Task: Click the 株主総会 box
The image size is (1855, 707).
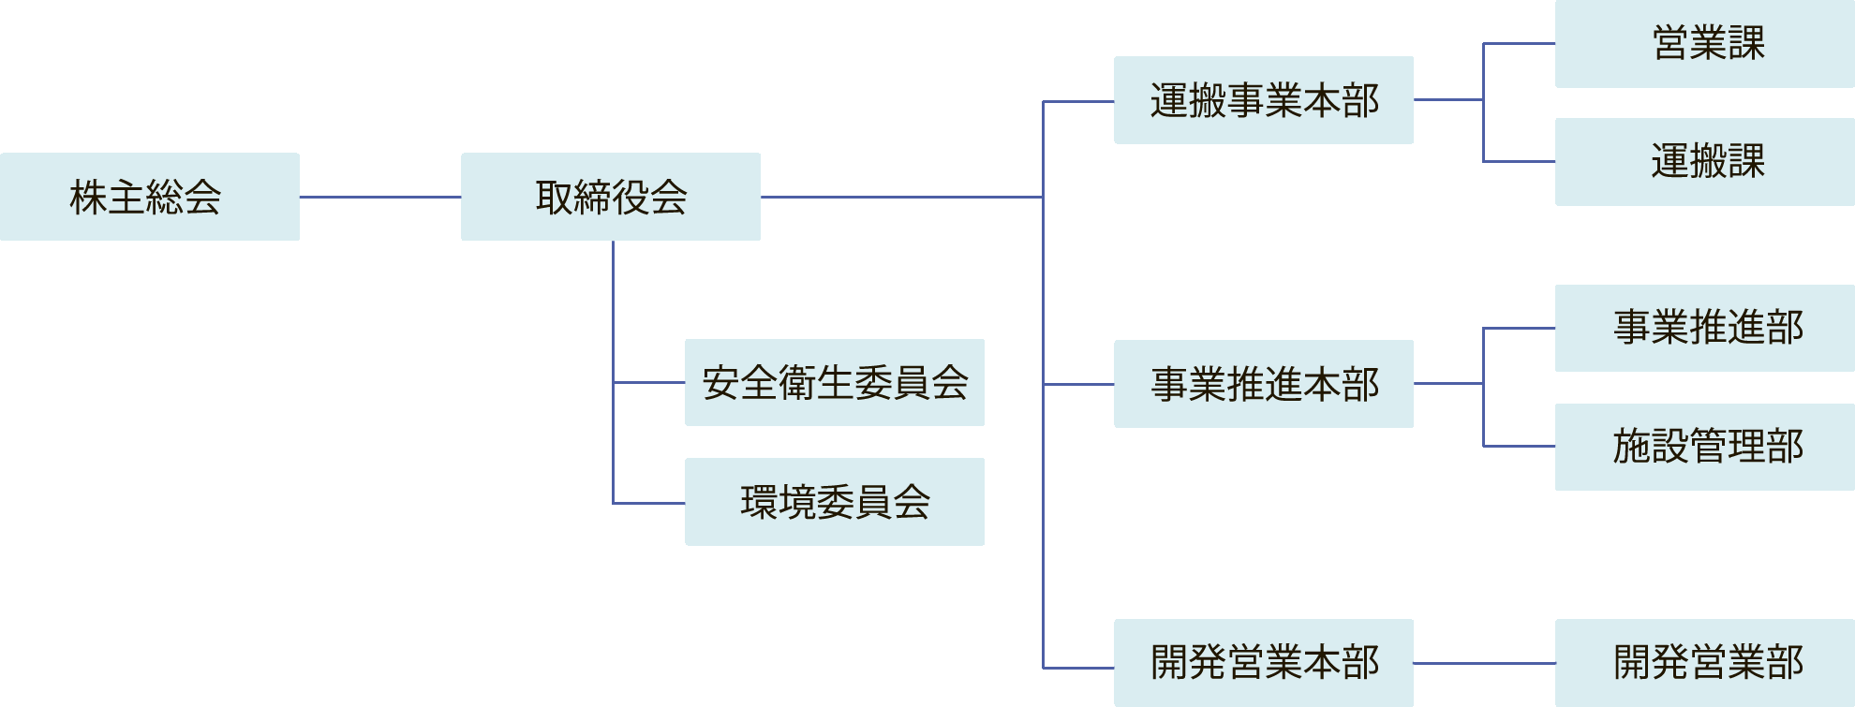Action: pyautogui.click(x=150, y=197)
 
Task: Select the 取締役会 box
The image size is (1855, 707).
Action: pyautogui.click(x=611, y=197)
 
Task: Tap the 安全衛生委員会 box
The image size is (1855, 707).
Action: pyautogui.click(x=835, y=382)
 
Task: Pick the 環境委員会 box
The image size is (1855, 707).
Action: pyautogui.click(x=835, y=502)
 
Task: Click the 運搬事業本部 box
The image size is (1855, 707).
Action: pyautogui.click(x=1264, y=100)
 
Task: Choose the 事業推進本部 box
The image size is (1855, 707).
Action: pyautogui.click(x=1264, y=384)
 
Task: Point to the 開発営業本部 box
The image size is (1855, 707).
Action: pyautogui.click(x=1264, y=663)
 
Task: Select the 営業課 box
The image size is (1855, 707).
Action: pyautogui.click(x=1705, y=44)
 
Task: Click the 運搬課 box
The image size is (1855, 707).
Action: pyautogui.click(x=1705, y=162)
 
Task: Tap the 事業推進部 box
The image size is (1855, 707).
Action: pyautogui.click(x=1705, y=328)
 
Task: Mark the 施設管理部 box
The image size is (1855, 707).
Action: pyautogui.click(x=1705, y=447)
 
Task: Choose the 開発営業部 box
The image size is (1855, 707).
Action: pyautogui.click(x=1705, y=663)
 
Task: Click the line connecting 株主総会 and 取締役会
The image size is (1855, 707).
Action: pyautogui.click(x=380, y=197)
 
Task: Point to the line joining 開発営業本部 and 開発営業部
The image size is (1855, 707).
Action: pyautogui.click(x=1484, y=663)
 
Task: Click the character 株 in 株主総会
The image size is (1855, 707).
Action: pyautogui.click(x=88, y=198)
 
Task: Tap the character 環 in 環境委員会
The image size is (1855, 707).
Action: pyautogui.click(x=759, y=503)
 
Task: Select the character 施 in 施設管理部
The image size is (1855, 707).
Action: pyautogui.click(x=1632, y=447)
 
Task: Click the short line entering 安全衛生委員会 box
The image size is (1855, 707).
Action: pyautogui.click(x=649, y=382)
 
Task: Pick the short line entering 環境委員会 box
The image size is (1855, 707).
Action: pyautogui.click(x=649, y=503)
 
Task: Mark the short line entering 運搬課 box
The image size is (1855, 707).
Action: pyautogui.click(x=1520, y=161)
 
